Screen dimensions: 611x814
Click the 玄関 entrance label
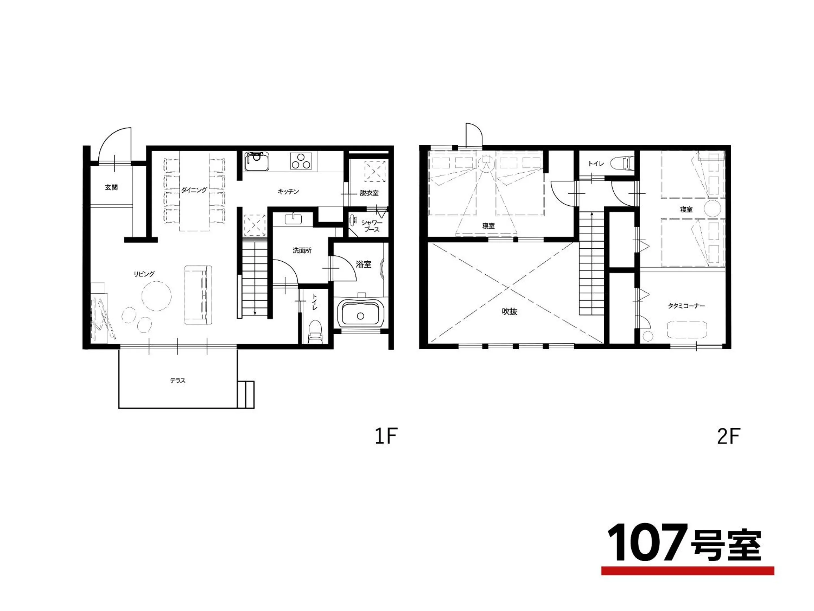(x=111, y=188)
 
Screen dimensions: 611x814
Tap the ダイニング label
(x=194, y=190)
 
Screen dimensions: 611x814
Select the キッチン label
(x=288, y=192)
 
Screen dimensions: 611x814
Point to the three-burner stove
(x=303, y=161)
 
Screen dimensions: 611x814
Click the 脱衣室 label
(x=369, y=193)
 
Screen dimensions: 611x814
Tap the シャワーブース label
(x=372, y=226)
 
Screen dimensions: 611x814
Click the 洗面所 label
(x=302, y=250)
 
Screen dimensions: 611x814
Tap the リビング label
(x=144, y=274)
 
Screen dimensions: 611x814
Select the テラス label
(x=177, y=380)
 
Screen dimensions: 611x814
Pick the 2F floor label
(x=729, y=437)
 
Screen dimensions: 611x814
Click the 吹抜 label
(x=510, y=311)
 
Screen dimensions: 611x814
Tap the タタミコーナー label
(x=686, y=306)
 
